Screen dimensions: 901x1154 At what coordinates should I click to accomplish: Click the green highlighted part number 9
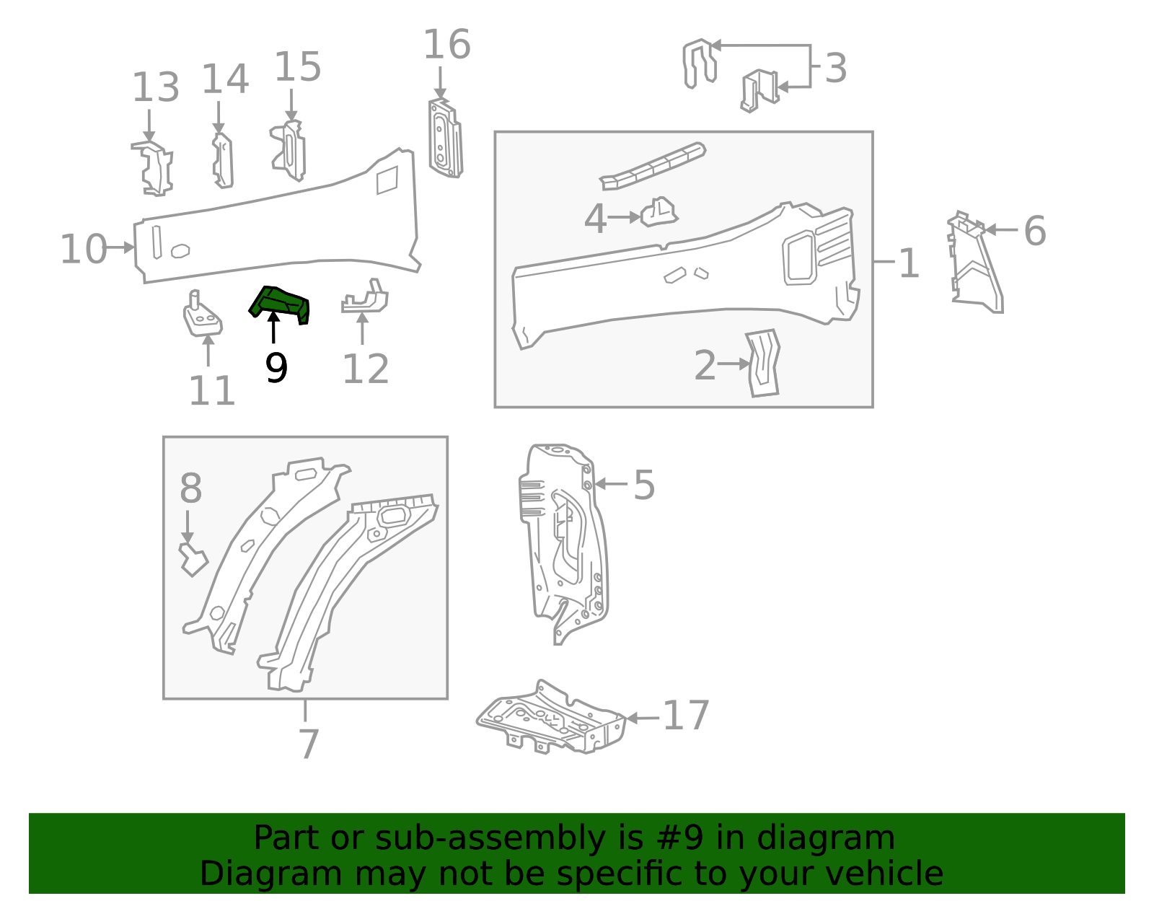pos(280,304)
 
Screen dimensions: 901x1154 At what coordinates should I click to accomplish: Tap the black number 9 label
pos(276,368)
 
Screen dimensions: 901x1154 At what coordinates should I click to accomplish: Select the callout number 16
pos(446,45)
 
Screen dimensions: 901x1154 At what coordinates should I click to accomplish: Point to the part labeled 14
pos(223,161)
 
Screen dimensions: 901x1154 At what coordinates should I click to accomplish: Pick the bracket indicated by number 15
pos(290,151)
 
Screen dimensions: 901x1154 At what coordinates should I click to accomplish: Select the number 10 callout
pos(83,250)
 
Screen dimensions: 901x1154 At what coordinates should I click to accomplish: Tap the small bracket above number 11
pos(201,316)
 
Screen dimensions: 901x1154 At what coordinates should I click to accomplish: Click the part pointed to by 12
pos(366,299)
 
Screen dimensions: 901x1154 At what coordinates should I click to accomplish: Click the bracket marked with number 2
pos(763,363)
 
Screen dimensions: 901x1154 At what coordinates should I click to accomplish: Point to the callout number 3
pos(835,69)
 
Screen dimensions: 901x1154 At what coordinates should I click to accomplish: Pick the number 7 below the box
pos(308,744)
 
